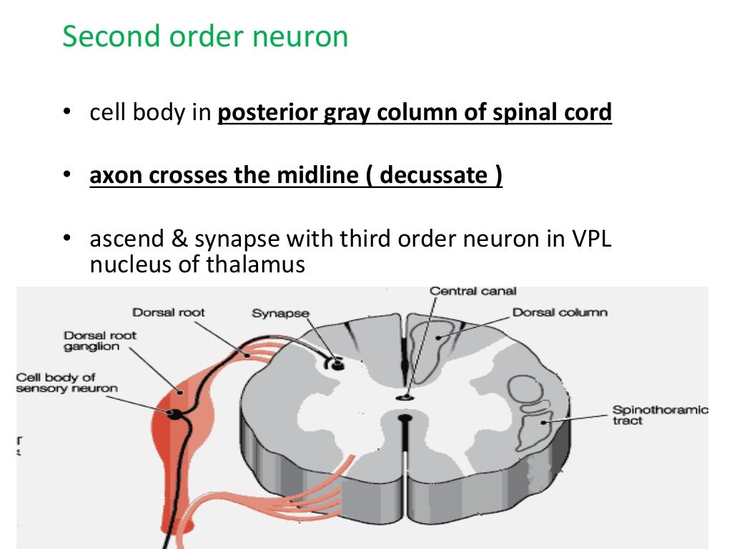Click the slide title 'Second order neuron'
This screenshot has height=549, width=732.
click(205, 36)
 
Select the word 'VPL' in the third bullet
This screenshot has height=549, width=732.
click(590, 240)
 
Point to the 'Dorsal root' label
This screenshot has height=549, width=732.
click(169, 312)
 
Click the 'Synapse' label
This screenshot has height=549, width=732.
click(280, 313)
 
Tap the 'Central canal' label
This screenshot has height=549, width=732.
click(473, 292)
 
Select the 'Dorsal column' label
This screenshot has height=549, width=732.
click(560, 312)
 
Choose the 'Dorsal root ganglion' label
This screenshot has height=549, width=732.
click(100, 340)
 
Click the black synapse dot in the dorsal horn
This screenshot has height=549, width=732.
click(337, 364)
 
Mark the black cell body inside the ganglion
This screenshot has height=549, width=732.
click(174, 414)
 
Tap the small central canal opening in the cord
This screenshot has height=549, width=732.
click(406, 395)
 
